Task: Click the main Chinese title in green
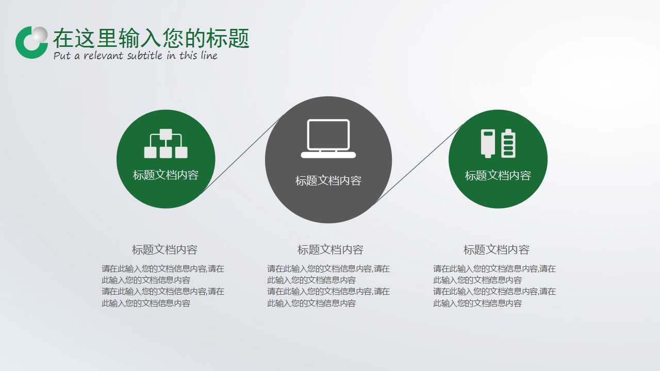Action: tap(151, 38)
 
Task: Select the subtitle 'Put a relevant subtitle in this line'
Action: tap(136, 56)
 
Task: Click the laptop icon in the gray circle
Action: tap(328, 139)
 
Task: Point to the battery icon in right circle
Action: tap(498, 143)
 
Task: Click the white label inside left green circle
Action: tap(166, 175)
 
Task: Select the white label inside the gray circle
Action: tap(328, 181)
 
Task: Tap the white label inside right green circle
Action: tap(498, 176)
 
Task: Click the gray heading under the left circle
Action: tap(164, 250)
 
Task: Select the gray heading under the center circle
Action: tap(331, 250)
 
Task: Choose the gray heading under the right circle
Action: tap(497, 250)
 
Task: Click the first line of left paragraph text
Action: tap(163, 268)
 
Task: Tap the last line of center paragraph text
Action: tap(311, 303)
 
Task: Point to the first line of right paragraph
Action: tap(494, 268)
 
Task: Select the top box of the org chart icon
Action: tap(166, 134)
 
